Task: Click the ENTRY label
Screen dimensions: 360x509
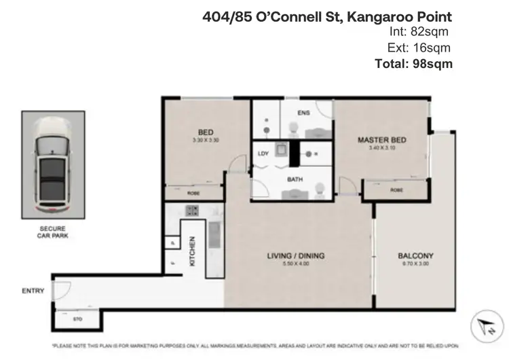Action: (x=32, y=291)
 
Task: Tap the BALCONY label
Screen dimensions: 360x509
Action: (x=416, y=256)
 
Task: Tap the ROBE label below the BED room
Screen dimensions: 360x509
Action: (x=193, y=194)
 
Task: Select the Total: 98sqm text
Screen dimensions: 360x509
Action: (x=413, y=63)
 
